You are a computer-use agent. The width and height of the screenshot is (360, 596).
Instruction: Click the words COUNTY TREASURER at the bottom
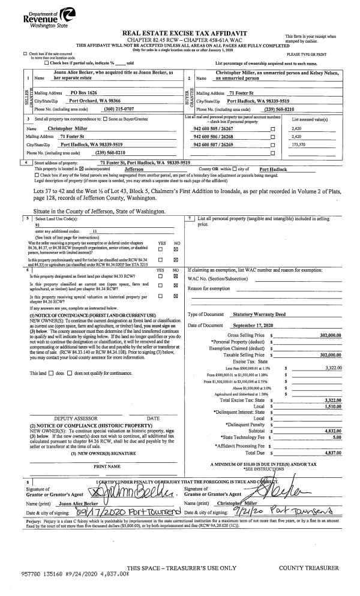click(308, 568)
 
